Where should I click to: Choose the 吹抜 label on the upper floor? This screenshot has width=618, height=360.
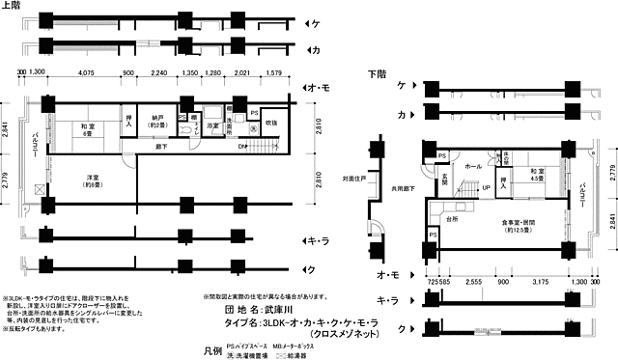point(271,123)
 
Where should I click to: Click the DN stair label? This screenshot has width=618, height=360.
point(241,146)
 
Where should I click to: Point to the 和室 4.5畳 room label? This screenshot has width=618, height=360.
point(537,175)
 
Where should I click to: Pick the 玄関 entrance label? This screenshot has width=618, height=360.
point(445,180)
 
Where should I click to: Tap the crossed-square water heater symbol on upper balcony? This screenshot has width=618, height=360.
point(38,189)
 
